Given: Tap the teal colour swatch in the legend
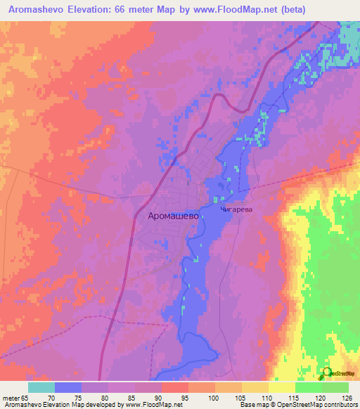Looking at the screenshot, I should point(41,387).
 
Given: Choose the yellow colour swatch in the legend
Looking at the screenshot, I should point(281,387).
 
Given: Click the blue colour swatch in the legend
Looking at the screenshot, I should point(68,387).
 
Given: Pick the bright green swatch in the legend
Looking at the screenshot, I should point(308,387).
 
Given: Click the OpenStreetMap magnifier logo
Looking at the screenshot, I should point(326,373).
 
